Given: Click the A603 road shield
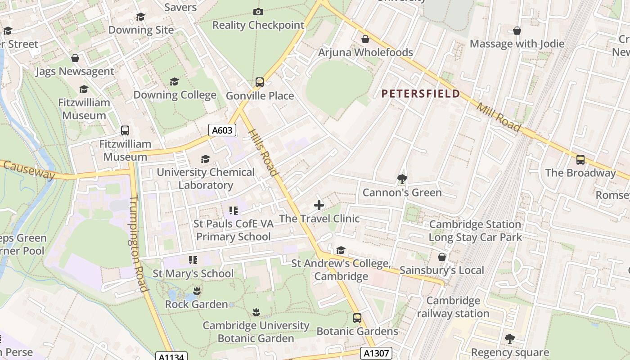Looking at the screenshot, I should (x=222, y=130).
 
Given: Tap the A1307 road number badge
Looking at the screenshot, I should (x=376, y=353).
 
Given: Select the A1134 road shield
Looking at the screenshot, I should (x=171, y=357).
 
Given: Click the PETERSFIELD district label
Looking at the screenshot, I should (x=421, y=94).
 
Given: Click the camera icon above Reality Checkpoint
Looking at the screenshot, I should (x=258, y=12).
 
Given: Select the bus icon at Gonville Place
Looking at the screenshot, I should (x=260, y=82).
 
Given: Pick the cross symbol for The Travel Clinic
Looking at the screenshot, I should (x=319, y=206).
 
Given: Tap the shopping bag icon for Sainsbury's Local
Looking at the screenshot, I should (x=442, y=257).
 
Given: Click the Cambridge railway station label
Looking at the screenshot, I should (x=453, y=307).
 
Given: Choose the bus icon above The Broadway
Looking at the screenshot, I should (x=580, y=160).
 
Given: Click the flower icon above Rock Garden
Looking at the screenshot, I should (x=196, y=291).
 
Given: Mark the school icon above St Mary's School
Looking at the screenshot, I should (x=193, y=260).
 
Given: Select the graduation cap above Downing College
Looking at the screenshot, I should (x=174, y=81).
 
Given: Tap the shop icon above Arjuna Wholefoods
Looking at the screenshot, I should (x=365, y=39).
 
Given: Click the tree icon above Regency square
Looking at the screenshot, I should (x=509, y=339).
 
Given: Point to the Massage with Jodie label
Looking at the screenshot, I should (x=517, y=44).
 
